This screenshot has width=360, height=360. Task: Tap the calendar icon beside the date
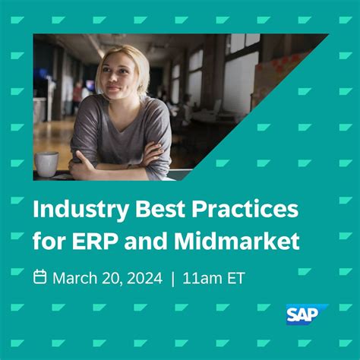(40, 278)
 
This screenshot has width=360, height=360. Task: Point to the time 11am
(204, 279)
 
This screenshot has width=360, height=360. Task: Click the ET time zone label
(236, 279)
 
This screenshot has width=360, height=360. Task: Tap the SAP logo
(305, 314)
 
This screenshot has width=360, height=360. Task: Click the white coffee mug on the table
(46, 163)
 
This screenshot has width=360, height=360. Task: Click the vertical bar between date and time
(173, 279)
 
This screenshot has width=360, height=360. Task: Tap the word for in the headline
(49, 242)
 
